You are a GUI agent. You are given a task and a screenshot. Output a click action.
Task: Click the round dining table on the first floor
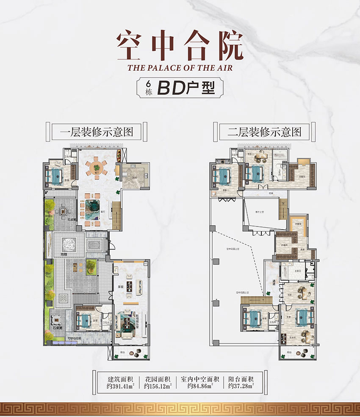pos(97,167)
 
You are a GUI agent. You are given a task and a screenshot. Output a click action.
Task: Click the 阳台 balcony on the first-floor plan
pos(130,352)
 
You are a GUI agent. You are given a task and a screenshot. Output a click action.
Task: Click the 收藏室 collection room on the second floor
pos(299,224)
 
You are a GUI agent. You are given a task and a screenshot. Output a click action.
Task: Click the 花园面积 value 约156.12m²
pos(157,386)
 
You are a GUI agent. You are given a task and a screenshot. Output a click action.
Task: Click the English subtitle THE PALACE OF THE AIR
pos(180,66)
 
